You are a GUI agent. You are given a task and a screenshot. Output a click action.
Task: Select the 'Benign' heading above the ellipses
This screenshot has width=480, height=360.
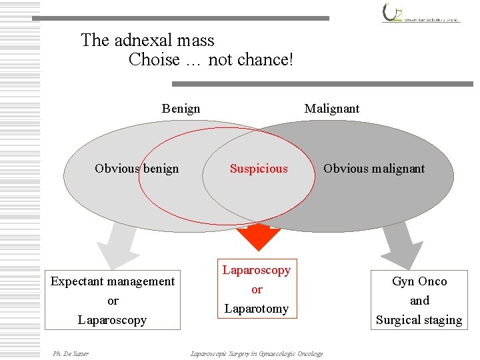tap(181, 109)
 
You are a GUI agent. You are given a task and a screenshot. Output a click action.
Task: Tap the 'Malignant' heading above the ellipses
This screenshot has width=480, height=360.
tap(331, 109)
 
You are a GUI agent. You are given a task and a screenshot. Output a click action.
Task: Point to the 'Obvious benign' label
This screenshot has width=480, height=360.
tap(137, 169)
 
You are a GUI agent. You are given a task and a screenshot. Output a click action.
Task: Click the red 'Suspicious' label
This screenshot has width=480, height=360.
tap(259, 169)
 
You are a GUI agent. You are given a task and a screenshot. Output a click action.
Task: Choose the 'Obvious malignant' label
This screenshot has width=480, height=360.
tap(374, 169)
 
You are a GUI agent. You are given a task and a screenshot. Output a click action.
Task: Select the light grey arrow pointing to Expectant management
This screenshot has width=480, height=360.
tap(117, 245)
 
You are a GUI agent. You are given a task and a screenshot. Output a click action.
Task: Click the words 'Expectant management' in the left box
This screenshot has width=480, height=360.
tap(113, 281)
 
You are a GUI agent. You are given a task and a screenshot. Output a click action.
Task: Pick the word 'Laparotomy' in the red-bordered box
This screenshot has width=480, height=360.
tap(257, 309)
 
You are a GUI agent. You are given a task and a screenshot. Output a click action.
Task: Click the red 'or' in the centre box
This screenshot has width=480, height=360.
tap(257, 290)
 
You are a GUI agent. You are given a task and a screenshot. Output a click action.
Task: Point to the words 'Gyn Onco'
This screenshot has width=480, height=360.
tap(419, 281)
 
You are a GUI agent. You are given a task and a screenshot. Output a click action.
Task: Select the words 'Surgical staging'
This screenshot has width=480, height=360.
tap(419, 320)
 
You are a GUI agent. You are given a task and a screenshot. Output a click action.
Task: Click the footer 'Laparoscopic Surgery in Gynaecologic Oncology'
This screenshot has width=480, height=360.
tap(257, 353)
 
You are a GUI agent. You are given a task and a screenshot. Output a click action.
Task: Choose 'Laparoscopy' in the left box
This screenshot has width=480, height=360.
tap(112, 320)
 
